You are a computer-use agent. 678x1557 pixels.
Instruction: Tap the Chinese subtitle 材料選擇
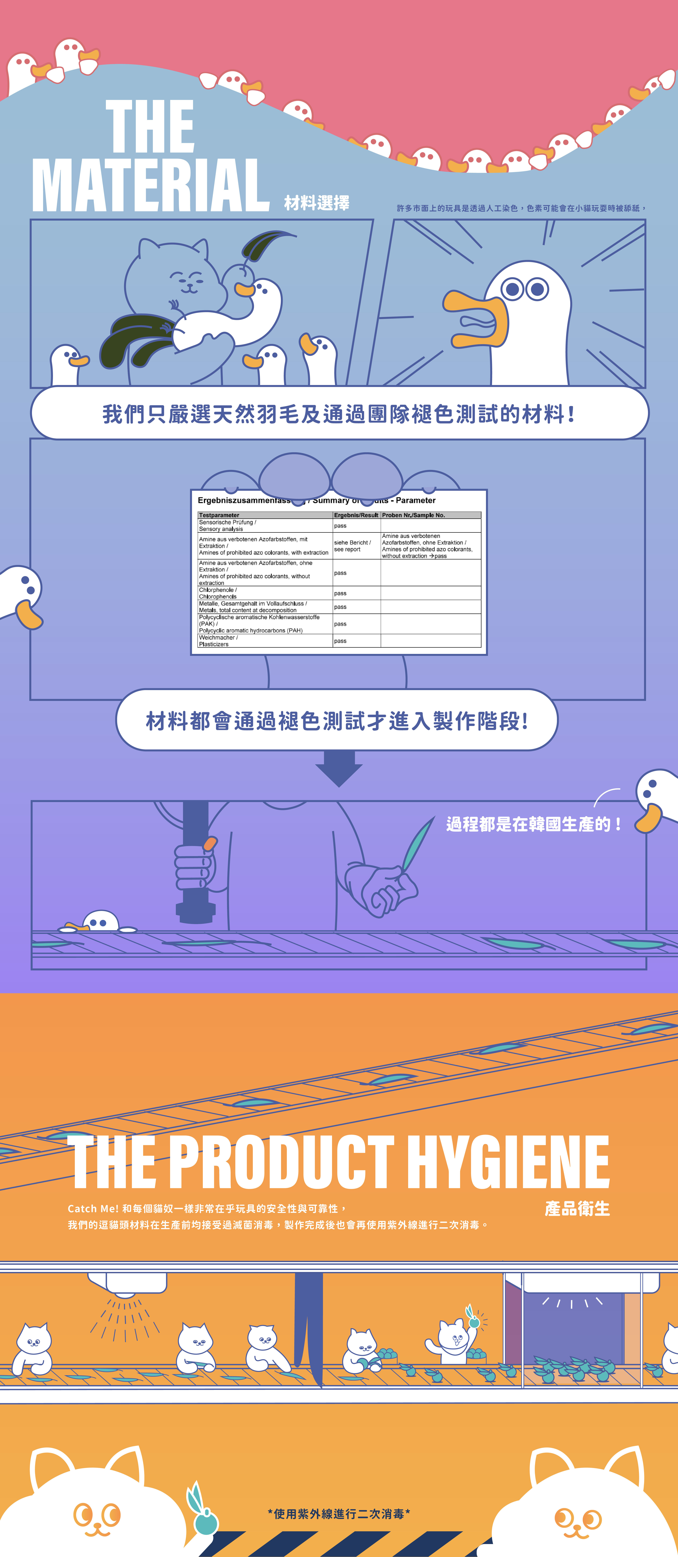[317, 203]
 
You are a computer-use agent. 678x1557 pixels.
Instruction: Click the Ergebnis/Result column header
[356, 515]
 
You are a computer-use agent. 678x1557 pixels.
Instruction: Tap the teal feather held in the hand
[417, 843]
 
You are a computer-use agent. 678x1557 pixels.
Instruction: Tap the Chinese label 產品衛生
[577, 1209]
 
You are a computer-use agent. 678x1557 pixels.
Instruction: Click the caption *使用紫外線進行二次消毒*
[338, 1513]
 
